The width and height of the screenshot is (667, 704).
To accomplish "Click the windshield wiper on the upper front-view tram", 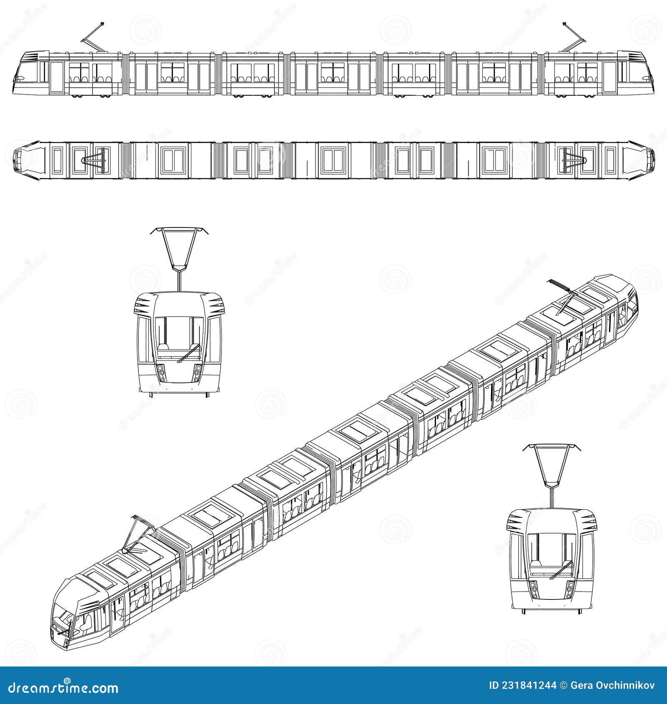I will pos(188,354).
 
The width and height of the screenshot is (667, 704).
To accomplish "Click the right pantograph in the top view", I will pos(573,160).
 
